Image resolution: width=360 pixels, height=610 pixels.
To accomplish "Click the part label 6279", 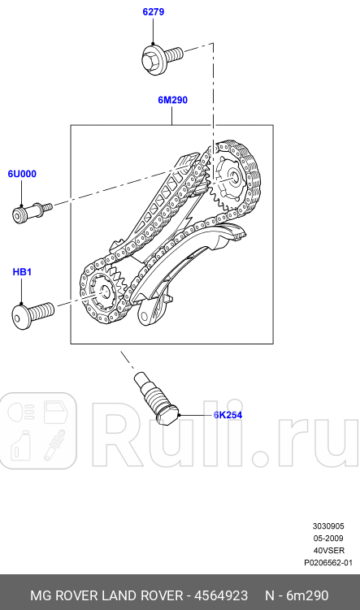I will click(153, 11).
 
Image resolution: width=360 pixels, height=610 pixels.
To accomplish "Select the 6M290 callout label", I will click(172, 101).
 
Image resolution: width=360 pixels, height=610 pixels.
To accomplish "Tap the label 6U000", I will click(23, 174).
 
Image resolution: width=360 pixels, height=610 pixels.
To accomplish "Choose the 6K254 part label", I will click(228, 415).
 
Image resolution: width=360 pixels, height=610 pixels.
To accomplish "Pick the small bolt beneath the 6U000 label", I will click(29, 213).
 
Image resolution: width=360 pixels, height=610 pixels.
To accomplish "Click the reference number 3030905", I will click(329, 526).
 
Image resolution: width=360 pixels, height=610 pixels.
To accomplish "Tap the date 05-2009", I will click(329, 538).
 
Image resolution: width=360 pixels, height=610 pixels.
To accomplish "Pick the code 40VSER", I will click(329, 550).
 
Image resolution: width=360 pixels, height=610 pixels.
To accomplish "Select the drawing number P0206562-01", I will click(327, 562).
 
